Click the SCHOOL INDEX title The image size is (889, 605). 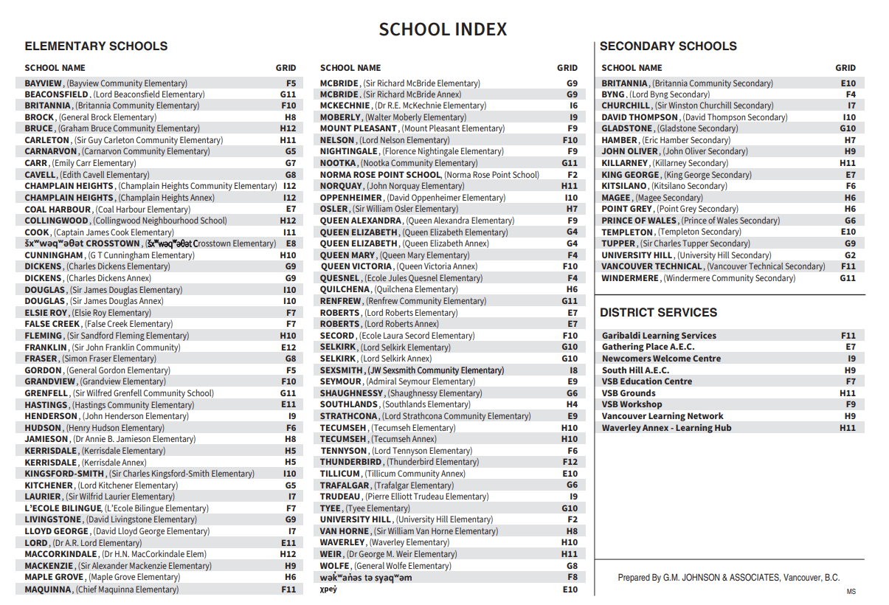[x=443, y=30]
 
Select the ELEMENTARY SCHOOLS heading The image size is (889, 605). [x=96, y=46]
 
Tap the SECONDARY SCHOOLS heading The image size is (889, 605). [x=668, y=46]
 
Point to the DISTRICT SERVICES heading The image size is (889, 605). [x=658, y=313]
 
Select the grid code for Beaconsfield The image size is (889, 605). [x=288, y=94]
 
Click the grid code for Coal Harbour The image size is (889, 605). [x=291, y=210]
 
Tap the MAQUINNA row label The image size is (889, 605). [x=48, y=590]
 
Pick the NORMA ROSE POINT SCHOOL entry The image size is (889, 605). [x=380, y=175]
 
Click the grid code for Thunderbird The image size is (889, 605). [x=570, y=462]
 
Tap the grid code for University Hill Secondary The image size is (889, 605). [x=850, y=255]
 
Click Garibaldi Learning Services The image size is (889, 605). [x=659, y=336]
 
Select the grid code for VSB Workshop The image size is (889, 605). [x=850, y=404]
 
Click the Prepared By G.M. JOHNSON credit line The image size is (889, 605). [x=728, y=578]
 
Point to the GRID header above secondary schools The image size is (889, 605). [x=845, y=68]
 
